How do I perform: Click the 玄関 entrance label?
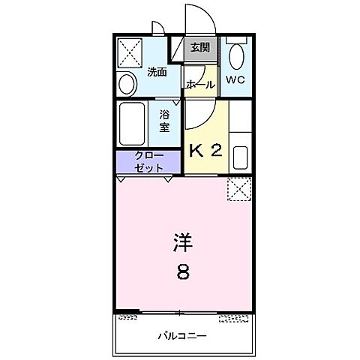(x=199, y=49)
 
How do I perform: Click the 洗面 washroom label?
(x=156, y=72)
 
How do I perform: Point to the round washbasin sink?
(x=127, y=82)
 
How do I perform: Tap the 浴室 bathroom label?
(x=164, y=121)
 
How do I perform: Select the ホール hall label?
(x=200, y=85)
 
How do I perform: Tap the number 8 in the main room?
(x=184, y=271)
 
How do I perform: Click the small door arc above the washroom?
(x=159, y=30)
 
